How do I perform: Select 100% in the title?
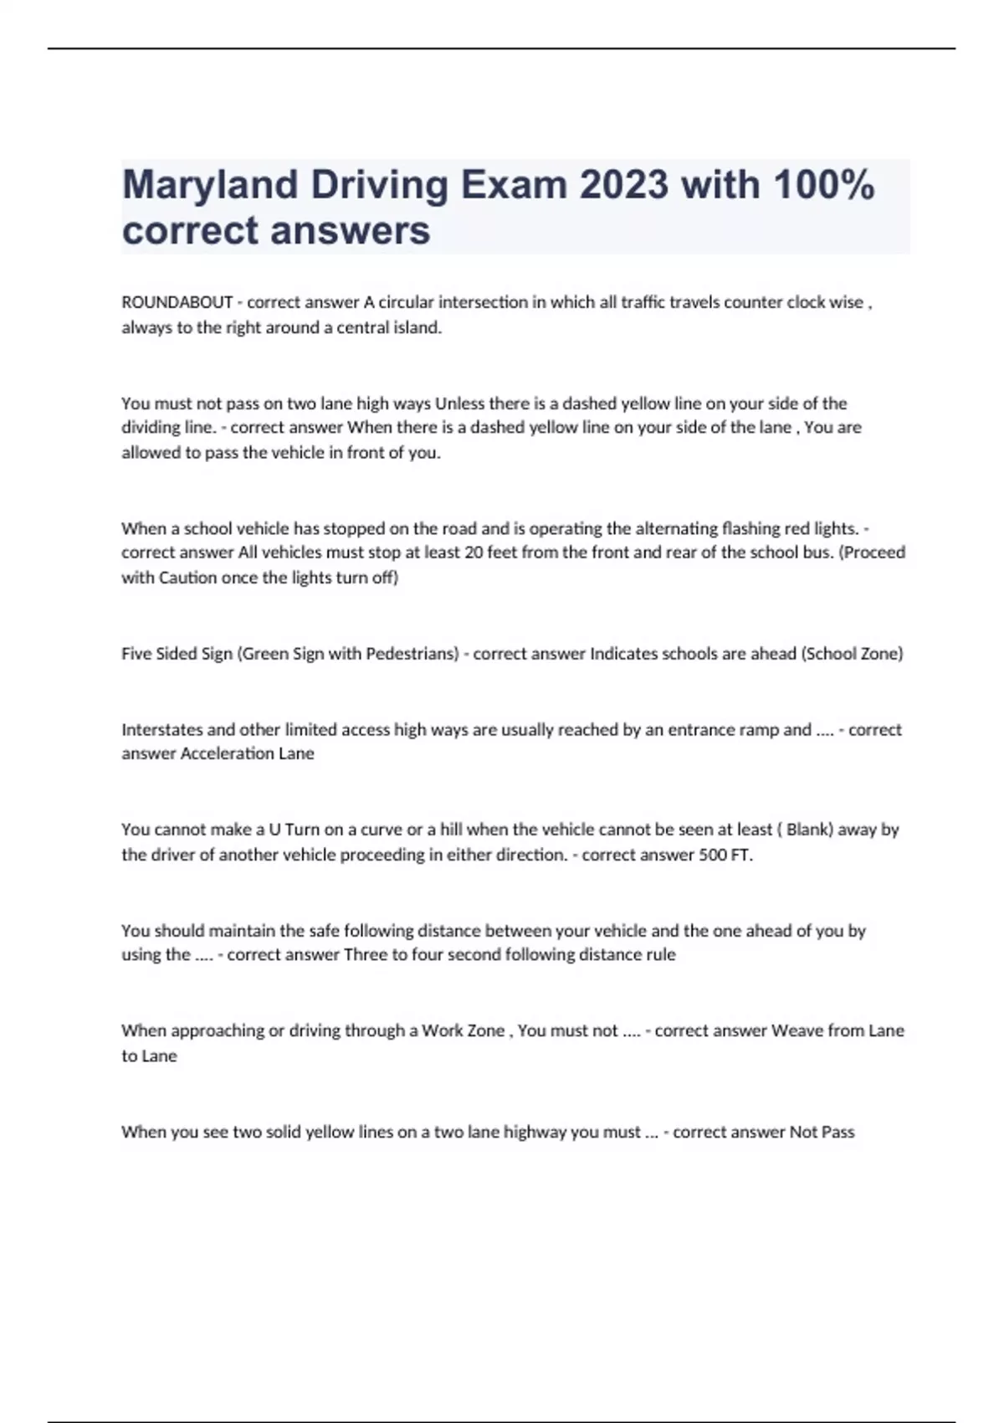pyautogui.click(x=823, y=185)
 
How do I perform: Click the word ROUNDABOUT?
pyautogui.click(x=177, y=302)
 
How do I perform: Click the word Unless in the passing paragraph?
pyautogui.click(x=459, y=403)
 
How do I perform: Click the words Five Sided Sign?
pyautogui.click(x=177, y=654)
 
